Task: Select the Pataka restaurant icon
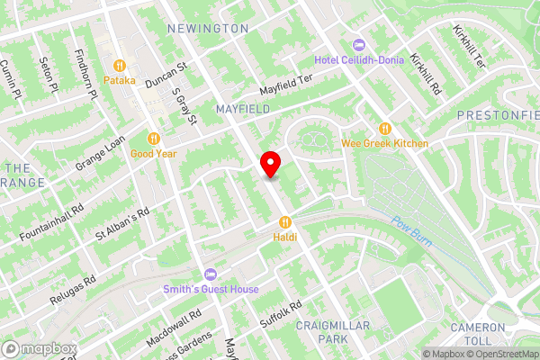click(119, 65)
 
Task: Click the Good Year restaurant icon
click(153, 139)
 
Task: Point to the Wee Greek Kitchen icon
click(385, 129)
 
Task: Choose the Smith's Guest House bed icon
click(211, 274)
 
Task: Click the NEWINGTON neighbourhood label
click(207, 29)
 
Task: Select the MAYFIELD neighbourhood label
click(242, 109)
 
